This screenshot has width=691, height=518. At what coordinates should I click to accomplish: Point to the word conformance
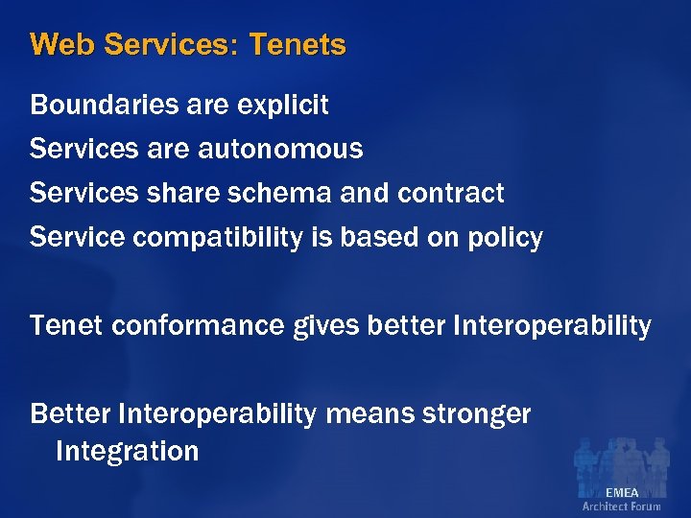198,326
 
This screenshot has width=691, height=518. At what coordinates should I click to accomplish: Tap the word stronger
477,414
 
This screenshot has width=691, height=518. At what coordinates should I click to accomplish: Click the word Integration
127,451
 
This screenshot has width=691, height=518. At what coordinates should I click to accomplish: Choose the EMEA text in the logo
622,492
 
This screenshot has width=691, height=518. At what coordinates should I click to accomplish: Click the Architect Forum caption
622,506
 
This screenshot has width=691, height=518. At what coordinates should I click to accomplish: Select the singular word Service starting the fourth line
78,237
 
